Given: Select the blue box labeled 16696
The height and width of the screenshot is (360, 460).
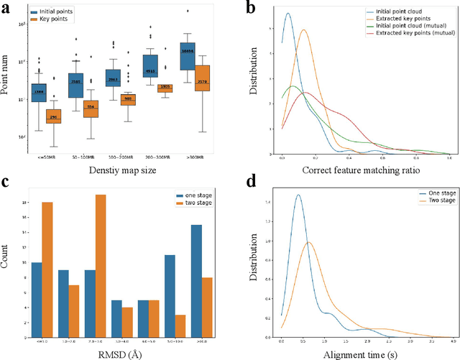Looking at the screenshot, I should click(188, 52).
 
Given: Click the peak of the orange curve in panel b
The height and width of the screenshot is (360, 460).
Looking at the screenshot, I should click(303, 30).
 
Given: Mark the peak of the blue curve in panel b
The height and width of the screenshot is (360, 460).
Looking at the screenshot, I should click(288, 14).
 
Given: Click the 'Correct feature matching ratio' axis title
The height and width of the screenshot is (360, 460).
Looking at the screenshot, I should click(365, 170).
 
